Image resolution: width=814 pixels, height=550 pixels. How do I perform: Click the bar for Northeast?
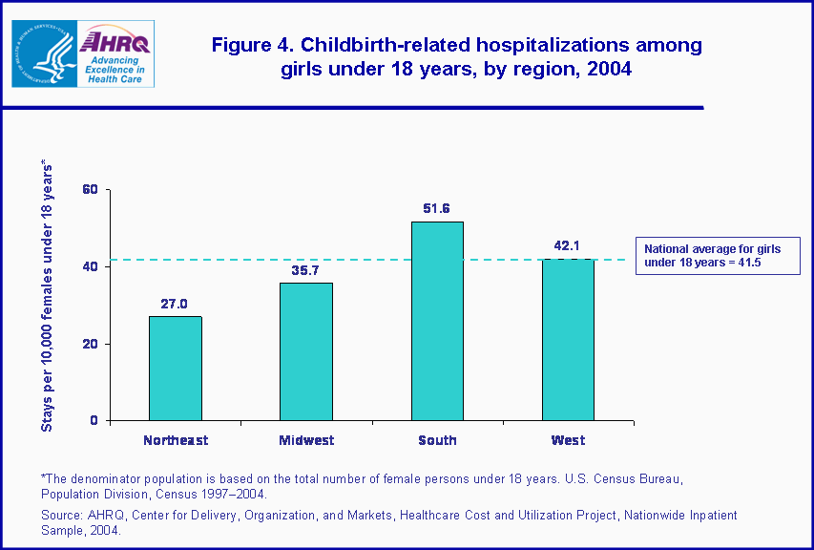(176, 369)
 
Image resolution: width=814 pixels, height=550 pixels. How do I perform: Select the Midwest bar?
(306, 351)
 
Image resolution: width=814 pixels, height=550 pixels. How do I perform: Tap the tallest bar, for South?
(437, 321)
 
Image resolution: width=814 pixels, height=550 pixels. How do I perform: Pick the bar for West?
(568, 339)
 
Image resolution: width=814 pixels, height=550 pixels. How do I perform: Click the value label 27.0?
(176, 304)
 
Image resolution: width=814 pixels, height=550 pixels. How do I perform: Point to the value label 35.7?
(306, 270)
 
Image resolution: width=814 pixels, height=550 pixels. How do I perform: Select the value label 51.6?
(437, 208)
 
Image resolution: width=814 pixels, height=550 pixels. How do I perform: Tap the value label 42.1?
(568, 245)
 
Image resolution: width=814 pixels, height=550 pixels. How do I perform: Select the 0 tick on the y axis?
(94, 421)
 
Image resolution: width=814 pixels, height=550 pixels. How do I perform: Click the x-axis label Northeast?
(176, 440)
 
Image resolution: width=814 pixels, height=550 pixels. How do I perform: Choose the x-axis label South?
(437, 440)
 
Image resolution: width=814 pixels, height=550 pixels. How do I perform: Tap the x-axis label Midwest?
(306, 440)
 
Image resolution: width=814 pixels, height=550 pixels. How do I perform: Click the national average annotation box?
(718, 256)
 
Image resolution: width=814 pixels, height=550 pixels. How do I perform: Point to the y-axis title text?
(47, 296)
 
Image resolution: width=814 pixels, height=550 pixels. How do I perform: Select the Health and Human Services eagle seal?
(43, 53)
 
